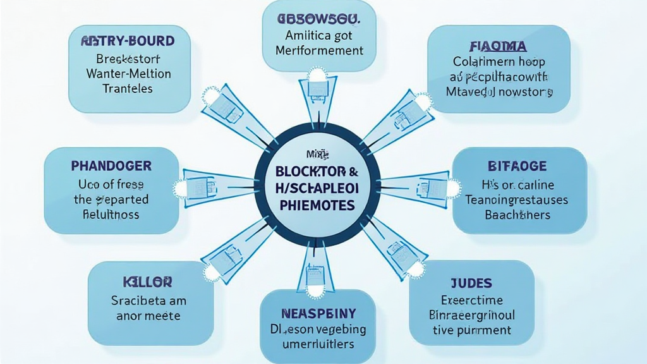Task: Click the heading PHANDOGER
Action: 112,166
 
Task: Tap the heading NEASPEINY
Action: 318,313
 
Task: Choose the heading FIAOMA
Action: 499,45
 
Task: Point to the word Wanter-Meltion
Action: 128,73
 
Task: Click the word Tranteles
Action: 128,88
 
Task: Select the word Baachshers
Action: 518,215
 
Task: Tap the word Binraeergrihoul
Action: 472,315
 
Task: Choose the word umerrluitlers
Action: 318,344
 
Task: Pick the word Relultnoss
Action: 112,214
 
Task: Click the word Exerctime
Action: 472,300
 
